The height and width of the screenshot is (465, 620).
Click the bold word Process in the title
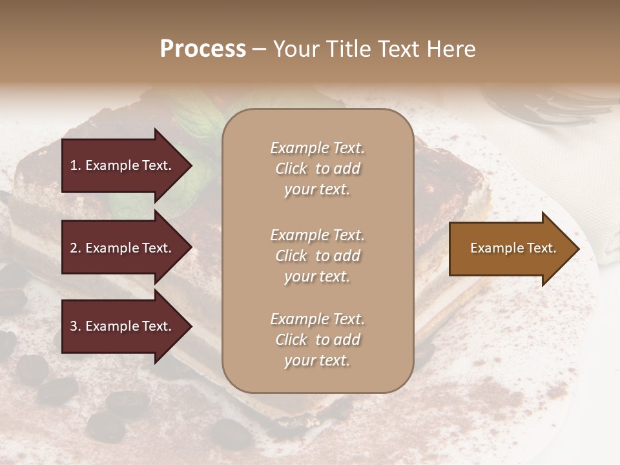point(203,49)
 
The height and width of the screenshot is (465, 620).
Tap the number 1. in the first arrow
point(76,165)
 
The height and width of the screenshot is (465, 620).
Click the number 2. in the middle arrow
point(76,248)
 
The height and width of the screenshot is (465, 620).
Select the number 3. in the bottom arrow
point(76,326)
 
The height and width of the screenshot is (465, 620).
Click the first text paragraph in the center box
point(317,169)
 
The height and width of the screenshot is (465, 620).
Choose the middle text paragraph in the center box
point(317,256)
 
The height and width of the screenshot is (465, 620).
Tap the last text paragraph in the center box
point(317,340)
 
